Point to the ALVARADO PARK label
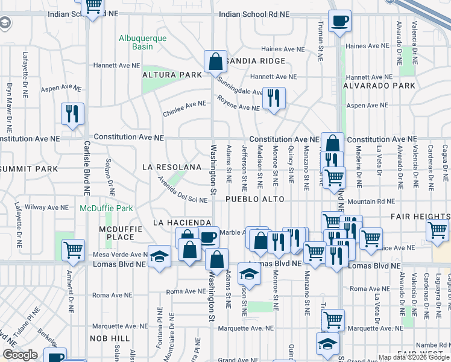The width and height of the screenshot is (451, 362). (x=379, y=86)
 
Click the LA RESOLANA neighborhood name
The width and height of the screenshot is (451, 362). (x=171, y=167)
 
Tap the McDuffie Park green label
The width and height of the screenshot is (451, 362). (x=106, y=209)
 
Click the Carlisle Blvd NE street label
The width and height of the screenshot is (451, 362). (x=87, y=168)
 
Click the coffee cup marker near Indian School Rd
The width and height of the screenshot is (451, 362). (x=339, y=22)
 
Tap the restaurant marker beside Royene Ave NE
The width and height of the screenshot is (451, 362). (x=274, y=98)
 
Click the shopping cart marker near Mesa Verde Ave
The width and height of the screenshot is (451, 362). (x=73, y=249)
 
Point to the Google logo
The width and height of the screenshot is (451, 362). (x=20, y=355)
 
